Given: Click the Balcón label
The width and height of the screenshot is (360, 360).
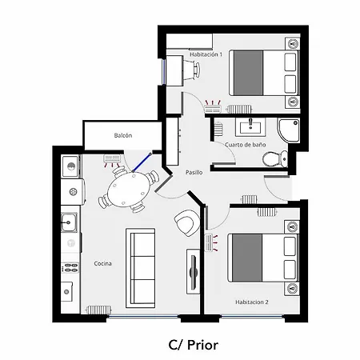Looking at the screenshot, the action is tap(123, 135).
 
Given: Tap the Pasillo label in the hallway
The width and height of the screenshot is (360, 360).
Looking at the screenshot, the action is tap(194, 173).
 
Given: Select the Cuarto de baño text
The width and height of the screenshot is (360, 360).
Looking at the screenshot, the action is tap(246, 145).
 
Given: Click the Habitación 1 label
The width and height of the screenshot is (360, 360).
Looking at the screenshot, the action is tap(206, 54).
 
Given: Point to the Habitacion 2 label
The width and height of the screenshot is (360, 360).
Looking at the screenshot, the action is tap(252, 302).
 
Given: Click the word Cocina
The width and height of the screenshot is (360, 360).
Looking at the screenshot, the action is tap(102, 263).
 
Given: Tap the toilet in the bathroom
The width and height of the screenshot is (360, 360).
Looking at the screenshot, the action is tap(275, 158).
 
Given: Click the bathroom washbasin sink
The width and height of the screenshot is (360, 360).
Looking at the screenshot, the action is tap(250, 126).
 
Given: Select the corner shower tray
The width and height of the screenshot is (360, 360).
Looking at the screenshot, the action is tap(289, 130).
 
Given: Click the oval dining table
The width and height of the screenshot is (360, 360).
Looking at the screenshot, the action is tap(128, 189).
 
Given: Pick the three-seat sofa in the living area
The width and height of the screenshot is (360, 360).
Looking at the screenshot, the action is tap(140, 268).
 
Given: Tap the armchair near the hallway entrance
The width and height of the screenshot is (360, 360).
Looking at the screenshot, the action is tap(187, 222).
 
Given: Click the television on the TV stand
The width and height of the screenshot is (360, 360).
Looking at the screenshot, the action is tap(193, 272).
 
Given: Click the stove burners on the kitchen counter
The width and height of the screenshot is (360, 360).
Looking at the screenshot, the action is tap(70, 268).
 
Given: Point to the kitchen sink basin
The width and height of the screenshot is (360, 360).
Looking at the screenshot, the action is tap(69, 222).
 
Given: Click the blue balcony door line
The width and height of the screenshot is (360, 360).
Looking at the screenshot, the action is tap(142, 162).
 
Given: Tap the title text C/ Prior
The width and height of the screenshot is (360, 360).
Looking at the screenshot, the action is tap(194, 345).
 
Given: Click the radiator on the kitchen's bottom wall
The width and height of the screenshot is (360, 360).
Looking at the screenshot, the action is tap(98, 310).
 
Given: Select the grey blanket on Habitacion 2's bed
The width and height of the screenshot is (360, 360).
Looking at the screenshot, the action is tap(247, 258).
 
